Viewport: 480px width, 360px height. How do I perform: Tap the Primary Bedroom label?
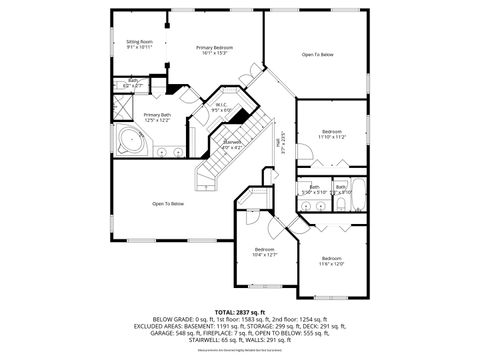point(215,48)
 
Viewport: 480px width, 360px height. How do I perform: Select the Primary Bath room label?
point(157,116)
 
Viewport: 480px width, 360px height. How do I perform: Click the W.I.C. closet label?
point(222,105)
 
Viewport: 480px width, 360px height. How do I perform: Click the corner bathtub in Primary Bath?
point(131,142)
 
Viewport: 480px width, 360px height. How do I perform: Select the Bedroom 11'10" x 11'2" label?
point(331,132)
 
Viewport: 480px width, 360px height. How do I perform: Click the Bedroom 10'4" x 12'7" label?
point(265,249)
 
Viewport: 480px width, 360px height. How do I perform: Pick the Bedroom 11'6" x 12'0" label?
point(331,261)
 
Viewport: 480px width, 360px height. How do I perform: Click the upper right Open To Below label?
point(318,54)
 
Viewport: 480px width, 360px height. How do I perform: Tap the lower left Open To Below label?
point(168,204)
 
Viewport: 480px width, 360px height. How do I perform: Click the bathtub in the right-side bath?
point(341,204)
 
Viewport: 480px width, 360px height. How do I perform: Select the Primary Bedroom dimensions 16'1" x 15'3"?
point(215,54)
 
